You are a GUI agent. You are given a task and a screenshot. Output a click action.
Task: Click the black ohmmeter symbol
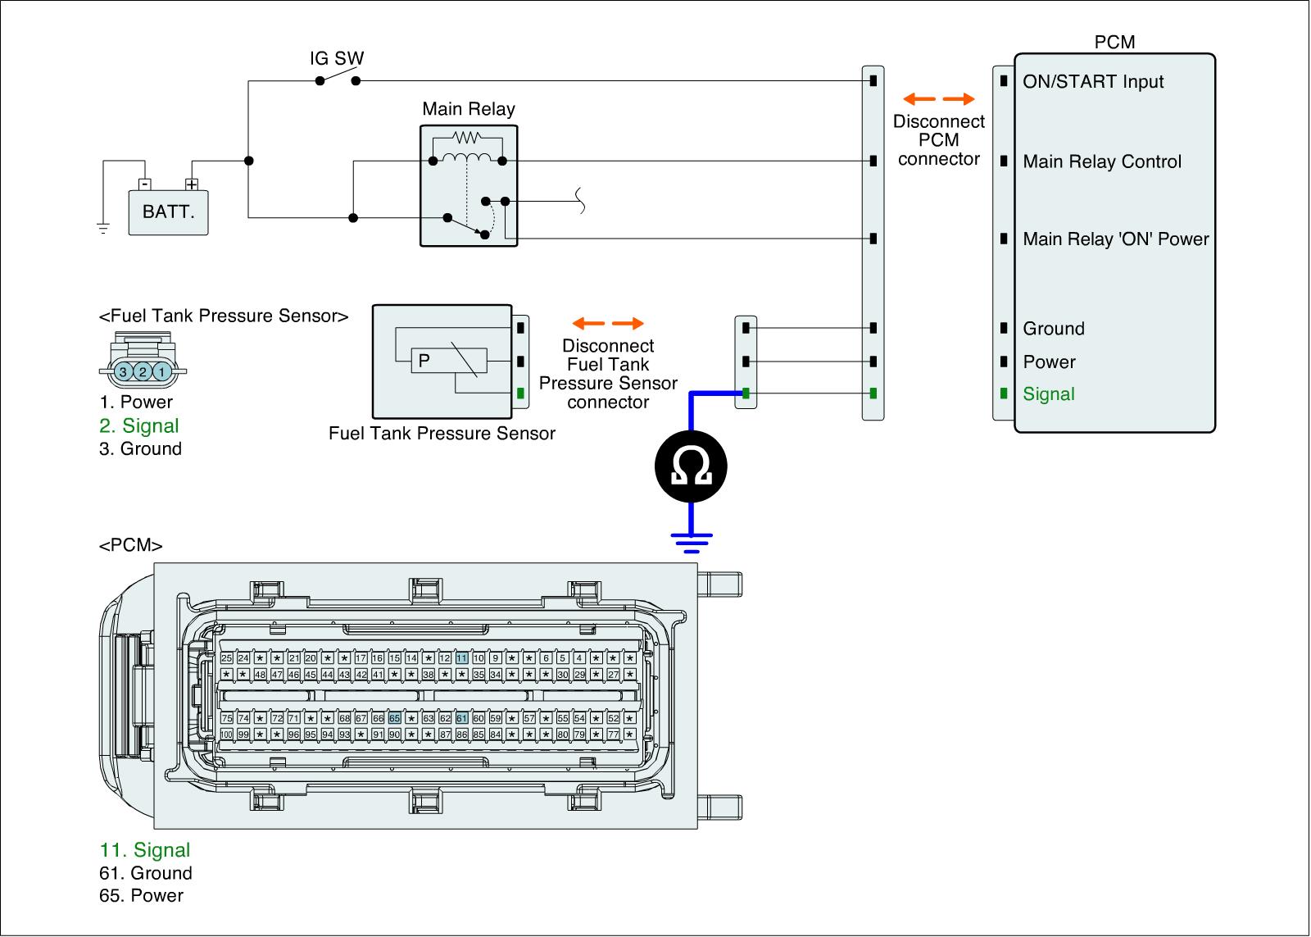[x=691, y=467]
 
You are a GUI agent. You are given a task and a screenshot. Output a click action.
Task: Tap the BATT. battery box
[x=169, y=212]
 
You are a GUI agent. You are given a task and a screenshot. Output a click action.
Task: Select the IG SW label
[x=337, y=59]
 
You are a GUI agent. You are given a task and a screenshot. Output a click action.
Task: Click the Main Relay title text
[x=469, y=109]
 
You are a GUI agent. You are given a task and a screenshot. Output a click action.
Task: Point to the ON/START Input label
[x=1093, y=81]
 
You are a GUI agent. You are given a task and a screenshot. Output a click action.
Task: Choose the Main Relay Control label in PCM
[x=1102, y=161]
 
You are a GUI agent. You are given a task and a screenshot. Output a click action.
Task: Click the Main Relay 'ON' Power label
[x=1116, y=239]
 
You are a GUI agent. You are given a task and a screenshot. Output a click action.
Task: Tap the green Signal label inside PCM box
[x=1049, y=393]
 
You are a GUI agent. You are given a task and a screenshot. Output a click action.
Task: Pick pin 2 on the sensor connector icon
[x=143, y=371]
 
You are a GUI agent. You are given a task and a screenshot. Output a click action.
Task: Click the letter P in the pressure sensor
[x=424, y=360]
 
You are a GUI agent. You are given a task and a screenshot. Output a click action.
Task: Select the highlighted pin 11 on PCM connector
[x=462, y=657]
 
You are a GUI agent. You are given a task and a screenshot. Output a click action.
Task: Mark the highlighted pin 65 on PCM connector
[x=394, y=718]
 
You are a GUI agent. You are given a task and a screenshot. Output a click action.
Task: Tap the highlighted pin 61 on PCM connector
[x=462, y=718]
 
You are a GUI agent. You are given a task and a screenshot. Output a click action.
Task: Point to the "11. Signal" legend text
[x=145, y=850]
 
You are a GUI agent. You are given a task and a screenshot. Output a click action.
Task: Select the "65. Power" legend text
[x=141, y=895]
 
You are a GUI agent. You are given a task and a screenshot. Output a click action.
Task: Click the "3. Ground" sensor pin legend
[x=140, y=448]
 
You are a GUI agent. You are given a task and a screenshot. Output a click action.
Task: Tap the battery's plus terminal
[x=192, y=184]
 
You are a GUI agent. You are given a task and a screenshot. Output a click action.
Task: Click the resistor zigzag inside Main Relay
[x=465, y=138]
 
